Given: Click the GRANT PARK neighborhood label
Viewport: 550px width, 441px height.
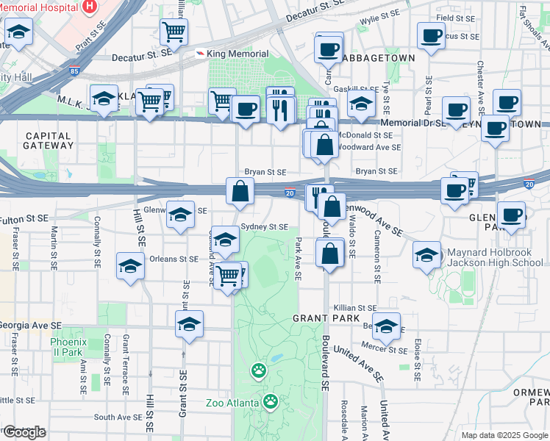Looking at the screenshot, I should click(x=326, y=318).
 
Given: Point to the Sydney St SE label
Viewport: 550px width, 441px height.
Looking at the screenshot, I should click(x=264, y=227).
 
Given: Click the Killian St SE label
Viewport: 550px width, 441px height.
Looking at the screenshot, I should click(x=354, y=308).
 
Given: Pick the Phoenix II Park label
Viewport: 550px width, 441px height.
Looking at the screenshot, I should click(x=68, y=347).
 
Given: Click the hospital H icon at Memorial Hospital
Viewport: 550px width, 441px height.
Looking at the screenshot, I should click(x=90, y=6).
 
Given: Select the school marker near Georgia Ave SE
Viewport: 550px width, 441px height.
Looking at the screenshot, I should click(x=189, y=323).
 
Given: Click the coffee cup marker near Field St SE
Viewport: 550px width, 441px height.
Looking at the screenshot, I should click(x=431, y=35).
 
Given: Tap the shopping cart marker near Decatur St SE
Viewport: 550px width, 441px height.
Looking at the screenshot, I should click(x=174, y=32).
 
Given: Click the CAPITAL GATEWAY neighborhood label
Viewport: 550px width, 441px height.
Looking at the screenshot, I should click(x=48, y=141).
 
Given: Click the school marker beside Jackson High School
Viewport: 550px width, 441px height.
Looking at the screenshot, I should click(x=426, y=255).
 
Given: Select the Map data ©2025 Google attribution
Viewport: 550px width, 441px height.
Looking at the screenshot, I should click(x=504, y=434).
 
